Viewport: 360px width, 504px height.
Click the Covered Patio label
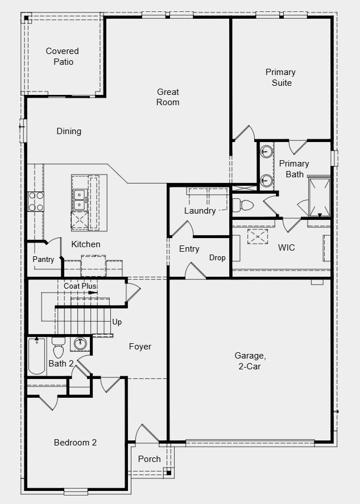point(63,57)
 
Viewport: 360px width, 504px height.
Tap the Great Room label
point(168,97)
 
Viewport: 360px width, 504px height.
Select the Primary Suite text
point(281,77)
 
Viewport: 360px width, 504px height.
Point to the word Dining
point(69,131)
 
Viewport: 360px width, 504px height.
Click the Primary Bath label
point(294,169)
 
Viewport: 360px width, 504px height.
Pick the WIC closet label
point(286,248)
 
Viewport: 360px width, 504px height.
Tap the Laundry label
point(200,211)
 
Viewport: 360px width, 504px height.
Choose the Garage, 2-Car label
point(250,361)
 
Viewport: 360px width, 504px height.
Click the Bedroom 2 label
point(75,443)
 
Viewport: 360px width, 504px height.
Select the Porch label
point(150,459)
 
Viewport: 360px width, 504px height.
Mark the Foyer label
point(140,347)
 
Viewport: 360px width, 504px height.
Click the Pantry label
point(43,260)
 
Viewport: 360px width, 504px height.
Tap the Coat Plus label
point(80,286)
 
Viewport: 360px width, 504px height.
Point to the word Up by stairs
point(117,322)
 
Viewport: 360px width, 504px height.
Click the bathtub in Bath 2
point(37,356)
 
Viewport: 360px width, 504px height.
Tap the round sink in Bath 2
point(80,344)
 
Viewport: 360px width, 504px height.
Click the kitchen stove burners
point(36,201)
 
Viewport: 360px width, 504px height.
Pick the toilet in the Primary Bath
point(243,203)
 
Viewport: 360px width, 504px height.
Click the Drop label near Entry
point(217,258)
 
